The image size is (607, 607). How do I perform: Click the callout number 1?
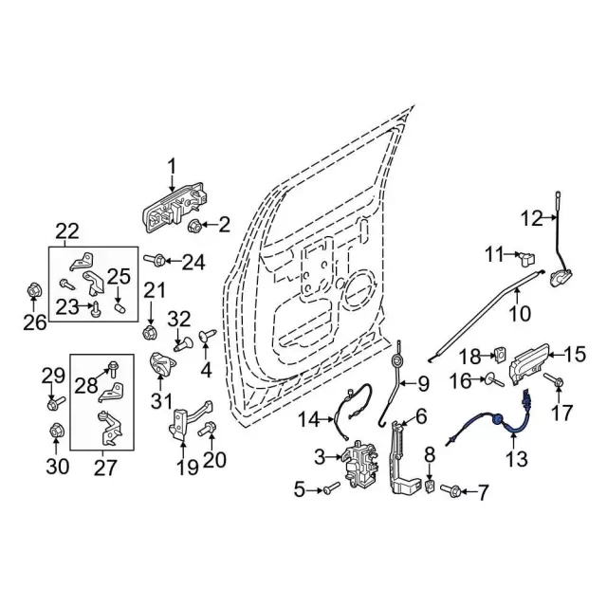pyautogui.click(x=172, y=168)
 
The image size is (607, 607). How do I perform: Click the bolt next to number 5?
pyautogui.click(x=329, y=489)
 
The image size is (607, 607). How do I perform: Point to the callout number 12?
pyautogui.click(x=530, y=218)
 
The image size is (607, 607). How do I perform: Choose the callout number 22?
pyautogui.click(x=67, y=230)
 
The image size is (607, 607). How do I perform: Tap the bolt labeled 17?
pyautogui.click(x=558, y=381)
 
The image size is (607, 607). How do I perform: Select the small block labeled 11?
pyautogui.click(x=528, y=255)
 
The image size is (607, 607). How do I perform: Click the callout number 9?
pyautogui.click(x=423, y=384)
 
